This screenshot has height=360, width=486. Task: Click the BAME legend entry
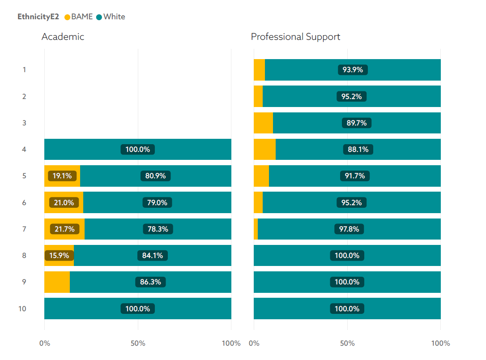tap(79, 17)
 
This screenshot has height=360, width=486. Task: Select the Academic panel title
tap(63, 37)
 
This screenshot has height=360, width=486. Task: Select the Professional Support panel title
tap(295, 37)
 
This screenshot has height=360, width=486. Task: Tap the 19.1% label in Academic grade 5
tap(62, 176)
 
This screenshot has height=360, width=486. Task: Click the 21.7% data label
tap(64, 229)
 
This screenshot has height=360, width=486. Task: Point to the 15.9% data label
tap(59, 256)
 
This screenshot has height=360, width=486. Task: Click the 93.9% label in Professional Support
tap(353, 70)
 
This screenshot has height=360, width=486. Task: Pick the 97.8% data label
tap(349, 229)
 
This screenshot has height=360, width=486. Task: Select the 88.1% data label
tap(358, 150)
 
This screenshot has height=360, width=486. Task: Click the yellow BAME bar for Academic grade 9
tap(57, 282)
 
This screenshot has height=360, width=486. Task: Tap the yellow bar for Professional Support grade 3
tap(263, 123)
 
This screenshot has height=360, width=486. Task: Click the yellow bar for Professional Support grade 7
tap(256, 229)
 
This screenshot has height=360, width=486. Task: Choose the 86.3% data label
tap(150, 282)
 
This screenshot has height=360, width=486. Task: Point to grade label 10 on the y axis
tap(22, 309)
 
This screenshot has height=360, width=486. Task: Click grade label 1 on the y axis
tap(24, 70)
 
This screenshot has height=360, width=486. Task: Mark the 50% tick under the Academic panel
tap(138, 343)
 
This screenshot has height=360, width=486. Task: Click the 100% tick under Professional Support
tap(440, 343)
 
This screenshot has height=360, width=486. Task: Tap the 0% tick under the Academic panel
tap(45, 343)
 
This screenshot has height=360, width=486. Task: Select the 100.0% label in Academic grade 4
tap(138, 150)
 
